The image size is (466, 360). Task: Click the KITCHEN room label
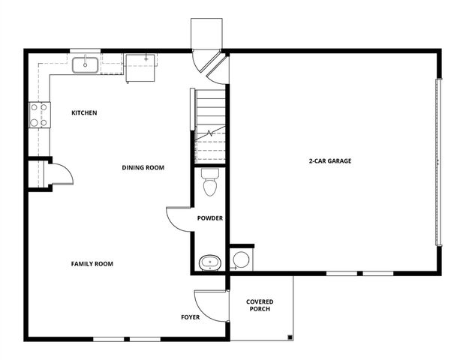(84, 113)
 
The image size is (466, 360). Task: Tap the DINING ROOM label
(143, 167)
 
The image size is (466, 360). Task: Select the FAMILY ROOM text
(92, 264)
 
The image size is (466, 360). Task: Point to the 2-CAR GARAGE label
(329, 160)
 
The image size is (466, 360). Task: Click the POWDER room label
(209, 218)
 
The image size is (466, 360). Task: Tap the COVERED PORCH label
(260, 305)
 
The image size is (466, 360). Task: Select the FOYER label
(191, 317)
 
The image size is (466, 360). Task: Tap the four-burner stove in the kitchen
(38, 114)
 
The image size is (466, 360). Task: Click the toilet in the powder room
(210, 183)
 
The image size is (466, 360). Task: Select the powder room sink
(209, 263)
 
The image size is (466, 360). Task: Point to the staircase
(210, 125)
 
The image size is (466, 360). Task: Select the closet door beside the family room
(59, 173)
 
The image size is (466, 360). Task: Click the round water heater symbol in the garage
(241, 260)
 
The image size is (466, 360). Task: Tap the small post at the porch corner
(289, 337)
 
